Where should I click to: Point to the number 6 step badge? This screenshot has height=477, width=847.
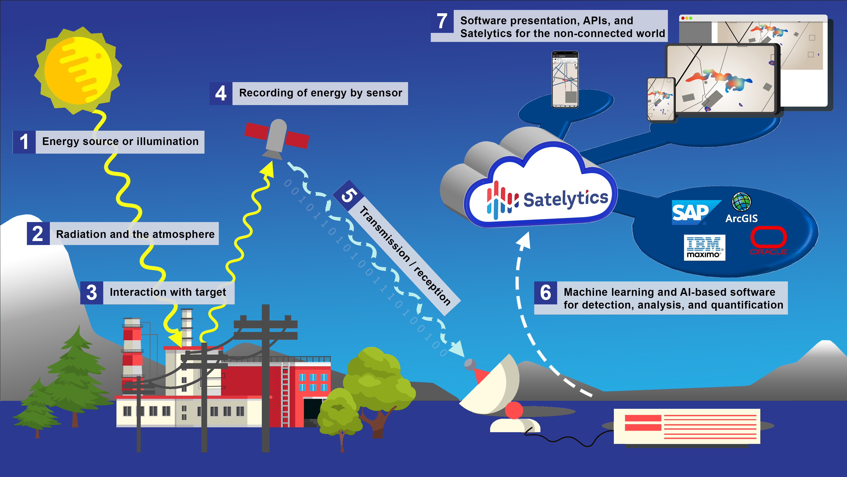tap(545, 292)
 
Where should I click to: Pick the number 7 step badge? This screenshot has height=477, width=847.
tap(442, 21)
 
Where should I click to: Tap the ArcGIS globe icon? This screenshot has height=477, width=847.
tap(741, 202)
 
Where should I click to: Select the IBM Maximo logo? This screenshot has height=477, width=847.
tap(704, 247)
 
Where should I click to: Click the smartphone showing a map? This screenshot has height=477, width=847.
tap(565, 80)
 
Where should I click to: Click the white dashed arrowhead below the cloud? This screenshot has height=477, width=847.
tap(523, 240)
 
